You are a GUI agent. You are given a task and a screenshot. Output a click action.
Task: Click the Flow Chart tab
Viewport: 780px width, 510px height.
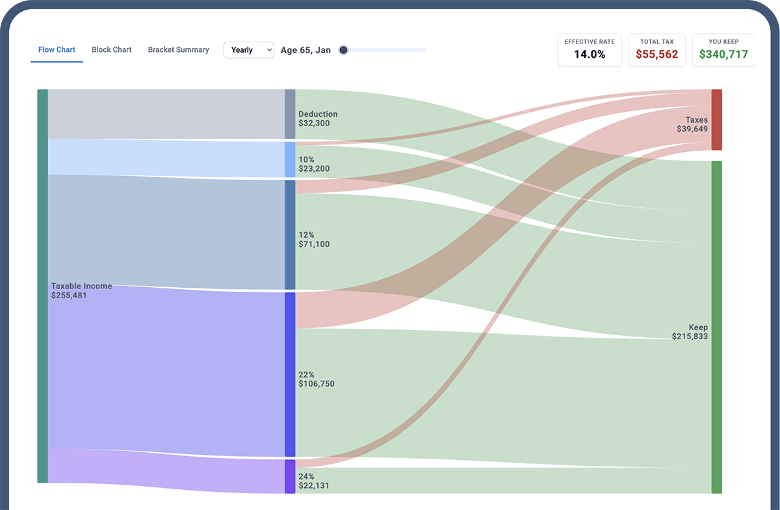point(57,50)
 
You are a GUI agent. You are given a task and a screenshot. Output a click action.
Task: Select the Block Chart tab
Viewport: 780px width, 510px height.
point(112,50)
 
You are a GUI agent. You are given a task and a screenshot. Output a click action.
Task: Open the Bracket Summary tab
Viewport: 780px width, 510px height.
point(178,50)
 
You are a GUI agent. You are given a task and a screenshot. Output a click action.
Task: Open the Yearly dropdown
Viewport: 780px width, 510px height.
point(248,50)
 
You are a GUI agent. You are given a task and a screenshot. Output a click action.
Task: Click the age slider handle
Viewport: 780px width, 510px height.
point(344,50)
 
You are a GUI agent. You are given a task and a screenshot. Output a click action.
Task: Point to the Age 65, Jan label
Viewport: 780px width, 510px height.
point(305,50)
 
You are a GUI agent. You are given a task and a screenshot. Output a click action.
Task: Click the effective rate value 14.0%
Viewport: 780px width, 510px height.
point(589,55)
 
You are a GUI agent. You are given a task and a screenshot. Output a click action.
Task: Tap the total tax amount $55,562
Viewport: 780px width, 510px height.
point(656,55)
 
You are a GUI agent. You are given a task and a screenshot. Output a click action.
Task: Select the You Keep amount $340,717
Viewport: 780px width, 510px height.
point(723,55)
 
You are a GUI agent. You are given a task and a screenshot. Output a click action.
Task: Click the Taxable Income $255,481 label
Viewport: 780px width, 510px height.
point(81,290)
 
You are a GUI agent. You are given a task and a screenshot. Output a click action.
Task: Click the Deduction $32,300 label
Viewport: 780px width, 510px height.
point(318,118)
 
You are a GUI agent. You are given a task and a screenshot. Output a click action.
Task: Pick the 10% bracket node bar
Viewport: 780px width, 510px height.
point(290,160)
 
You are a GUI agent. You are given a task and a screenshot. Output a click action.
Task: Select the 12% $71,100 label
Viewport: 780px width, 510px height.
point(313,239)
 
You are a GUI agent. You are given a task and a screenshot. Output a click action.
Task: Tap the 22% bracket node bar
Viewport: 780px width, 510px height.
point(290,374)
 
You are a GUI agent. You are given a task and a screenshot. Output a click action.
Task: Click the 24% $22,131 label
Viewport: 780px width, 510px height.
point(313,481)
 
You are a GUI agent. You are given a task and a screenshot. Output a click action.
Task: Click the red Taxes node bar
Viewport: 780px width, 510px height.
point(716,120)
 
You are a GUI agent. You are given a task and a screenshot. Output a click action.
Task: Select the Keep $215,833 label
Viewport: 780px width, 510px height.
point(690,332)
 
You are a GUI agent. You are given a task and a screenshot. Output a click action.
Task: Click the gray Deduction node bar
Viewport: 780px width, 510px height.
point(290,114)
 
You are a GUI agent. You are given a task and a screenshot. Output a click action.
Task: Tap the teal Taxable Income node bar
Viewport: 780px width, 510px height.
point(42,286)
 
